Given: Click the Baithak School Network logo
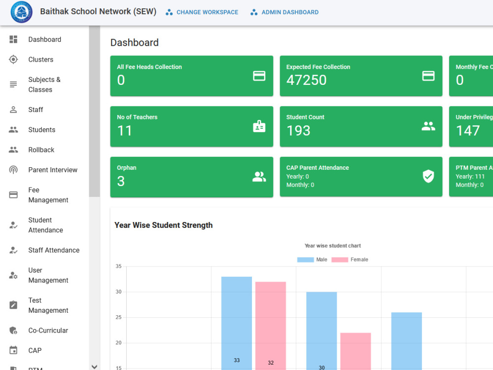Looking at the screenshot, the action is click(21, 12).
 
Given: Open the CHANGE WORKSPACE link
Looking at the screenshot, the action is click(202, 12).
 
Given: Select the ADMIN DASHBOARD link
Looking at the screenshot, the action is click(284, 12).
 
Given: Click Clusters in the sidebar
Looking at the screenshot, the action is click(41, 60).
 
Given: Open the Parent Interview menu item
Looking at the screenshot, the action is click(53, 170).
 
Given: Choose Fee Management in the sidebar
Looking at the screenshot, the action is click(48, 195).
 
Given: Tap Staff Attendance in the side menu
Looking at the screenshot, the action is click(54, 250).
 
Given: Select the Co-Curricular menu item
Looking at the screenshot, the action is click(48, 331).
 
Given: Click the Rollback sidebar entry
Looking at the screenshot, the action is click(41, 150).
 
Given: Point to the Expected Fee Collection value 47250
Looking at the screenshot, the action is click(306, 80).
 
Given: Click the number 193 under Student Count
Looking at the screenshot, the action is click(298, 131).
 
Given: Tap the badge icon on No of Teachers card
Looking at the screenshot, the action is click(259, 126).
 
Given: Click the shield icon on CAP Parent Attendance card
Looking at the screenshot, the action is click(428, 176).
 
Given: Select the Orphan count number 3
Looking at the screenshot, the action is click(121, 181).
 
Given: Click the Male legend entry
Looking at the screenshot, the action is click(312, 259).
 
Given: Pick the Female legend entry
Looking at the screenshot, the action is click(350, 259).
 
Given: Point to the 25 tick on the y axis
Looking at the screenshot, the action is click(118, 317).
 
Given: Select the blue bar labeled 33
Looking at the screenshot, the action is click(237, 324).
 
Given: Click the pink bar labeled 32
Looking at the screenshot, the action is click(270, 326).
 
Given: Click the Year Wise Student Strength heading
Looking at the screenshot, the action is click(164, 225).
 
